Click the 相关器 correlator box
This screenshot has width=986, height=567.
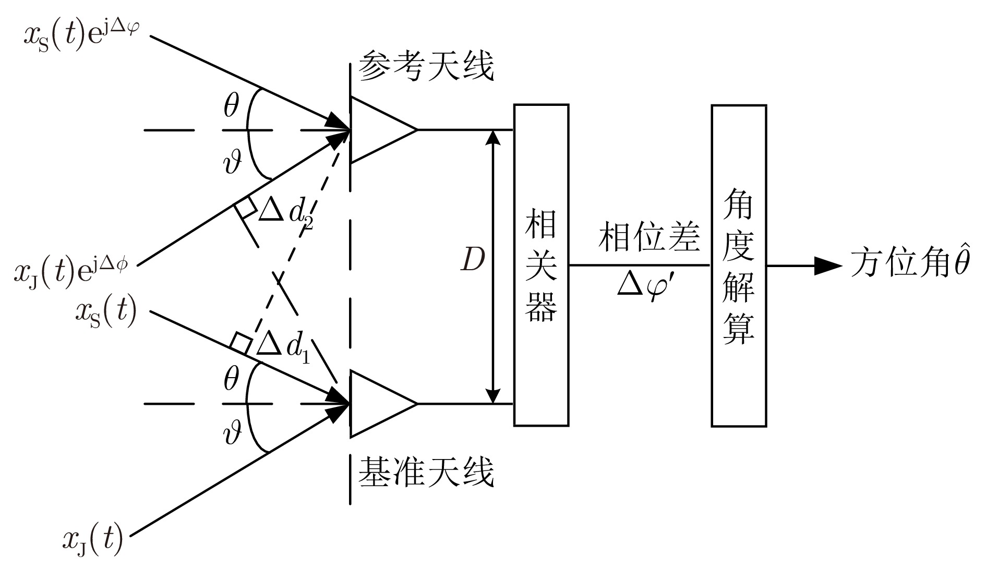[x=541, y=265]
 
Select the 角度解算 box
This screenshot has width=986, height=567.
[x=739, y=265]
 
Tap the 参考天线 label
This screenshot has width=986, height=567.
[x=426, y=66]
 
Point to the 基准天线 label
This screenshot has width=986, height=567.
[x=426, y=472]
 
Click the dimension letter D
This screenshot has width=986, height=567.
[x=473, y=260]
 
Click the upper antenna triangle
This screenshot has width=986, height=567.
[x=378, y=129]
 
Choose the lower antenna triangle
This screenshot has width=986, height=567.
[x=378, y=403]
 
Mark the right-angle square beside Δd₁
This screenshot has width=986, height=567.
[x=241, y=343]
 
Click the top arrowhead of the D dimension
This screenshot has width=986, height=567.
[x=492, y=136]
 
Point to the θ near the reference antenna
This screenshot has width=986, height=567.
[x=231, y=107]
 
